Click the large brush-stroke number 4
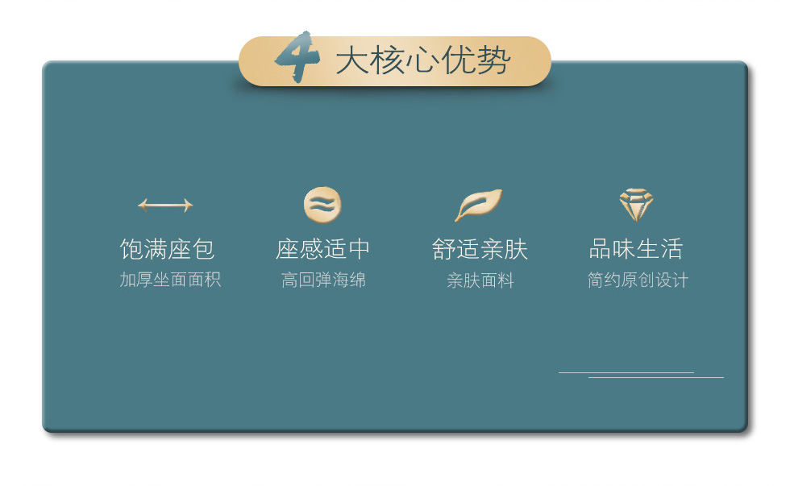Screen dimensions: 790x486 pyautogui.click(x=297, y=56)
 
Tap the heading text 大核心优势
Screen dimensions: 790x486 pyautogui.click(x=423, y=61)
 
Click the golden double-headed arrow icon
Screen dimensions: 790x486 pyautogui.click(x=165, y=206)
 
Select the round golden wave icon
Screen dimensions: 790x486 pyautogui.click(x=322, y=205)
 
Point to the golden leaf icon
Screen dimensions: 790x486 pyautogui.click(x=479, y=205)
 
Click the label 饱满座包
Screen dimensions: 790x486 pyautogui.click(x=168, y=249)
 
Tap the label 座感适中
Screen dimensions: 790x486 pyautogui.click(x=323, y=249)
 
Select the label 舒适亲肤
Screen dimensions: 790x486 pyautogui.click(x=480, y=249)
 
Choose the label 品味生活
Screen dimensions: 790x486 pyautogui.click(x=636, y=249)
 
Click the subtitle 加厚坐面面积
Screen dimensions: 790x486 pyautogui.click(x=170, y=280)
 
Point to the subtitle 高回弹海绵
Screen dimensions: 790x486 pyautogui.click(x=323, y=280)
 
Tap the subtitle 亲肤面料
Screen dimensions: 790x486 pyautogui.click(x=480, y=280)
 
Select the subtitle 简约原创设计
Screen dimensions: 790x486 pyautogui.click(x=638, y=280)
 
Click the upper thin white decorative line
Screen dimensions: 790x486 pyautogui.click(x=626, y=372)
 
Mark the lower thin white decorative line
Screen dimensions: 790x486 pyautogui.click(x=656, y=377)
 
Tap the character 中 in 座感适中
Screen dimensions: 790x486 pyautogui.click(x=360, y=249)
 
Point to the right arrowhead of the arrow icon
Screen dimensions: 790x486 pyautogui.click(x=189, y=206)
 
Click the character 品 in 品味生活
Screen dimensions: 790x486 pyautogui.click(x=600, y=249)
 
